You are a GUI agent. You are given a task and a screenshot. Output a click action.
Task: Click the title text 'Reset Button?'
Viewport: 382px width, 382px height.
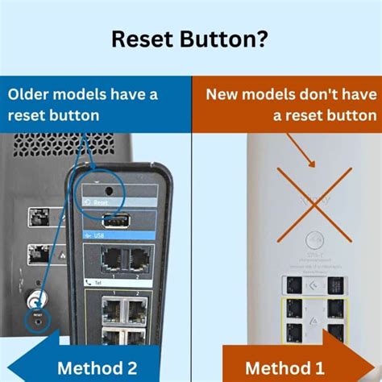191,38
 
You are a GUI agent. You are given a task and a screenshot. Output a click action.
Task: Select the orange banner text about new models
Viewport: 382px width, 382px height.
290,105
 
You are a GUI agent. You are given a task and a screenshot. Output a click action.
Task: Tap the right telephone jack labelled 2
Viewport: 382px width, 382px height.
139,259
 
